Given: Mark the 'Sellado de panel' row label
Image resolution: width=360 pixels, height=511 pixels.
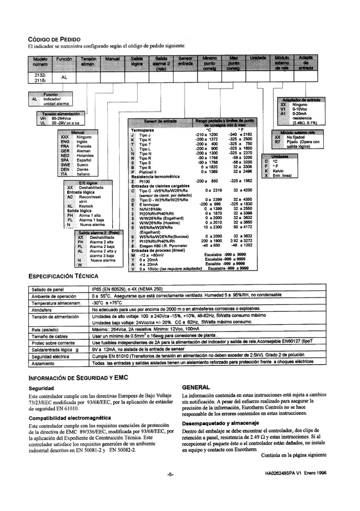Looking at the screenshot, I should pos(50,289).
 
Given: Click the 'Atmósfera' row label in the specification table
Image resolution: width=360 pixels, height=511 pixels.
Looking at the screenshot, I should pos(44,309).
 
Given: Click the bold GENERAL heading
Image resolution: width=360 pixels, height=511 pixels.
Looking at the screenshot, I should pos(197,387).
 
